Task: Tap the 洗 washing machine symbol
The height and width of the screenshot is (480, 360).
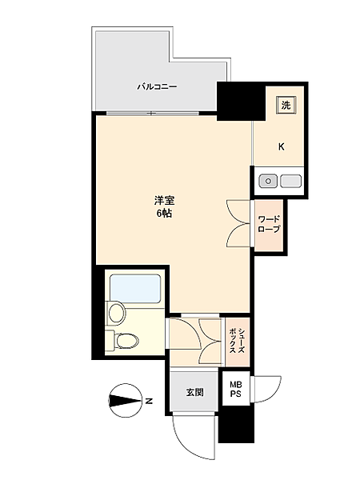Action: pos(286,103)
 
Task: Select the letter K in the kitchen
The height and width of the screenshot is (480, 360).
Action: pos(282,146)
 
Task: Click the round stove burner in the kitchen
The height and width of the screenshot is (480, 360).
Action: pos(268,181)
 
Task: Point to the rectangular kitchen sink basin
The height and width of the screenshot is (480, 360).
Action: pos(290,181)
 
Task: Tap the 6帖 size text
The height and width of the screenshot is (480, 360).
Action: pos(162,214)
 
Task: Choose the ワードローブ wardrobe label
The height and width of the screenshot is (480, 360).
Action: pos(269,223)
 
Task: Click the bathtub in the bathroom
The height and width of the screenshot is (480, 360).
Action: pos(136,287)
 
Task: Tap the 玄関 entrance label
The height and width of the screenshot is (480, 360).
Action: pos(194,393)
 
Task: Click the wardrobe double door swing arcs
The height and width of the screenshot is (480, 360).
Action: pos(239,222)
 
